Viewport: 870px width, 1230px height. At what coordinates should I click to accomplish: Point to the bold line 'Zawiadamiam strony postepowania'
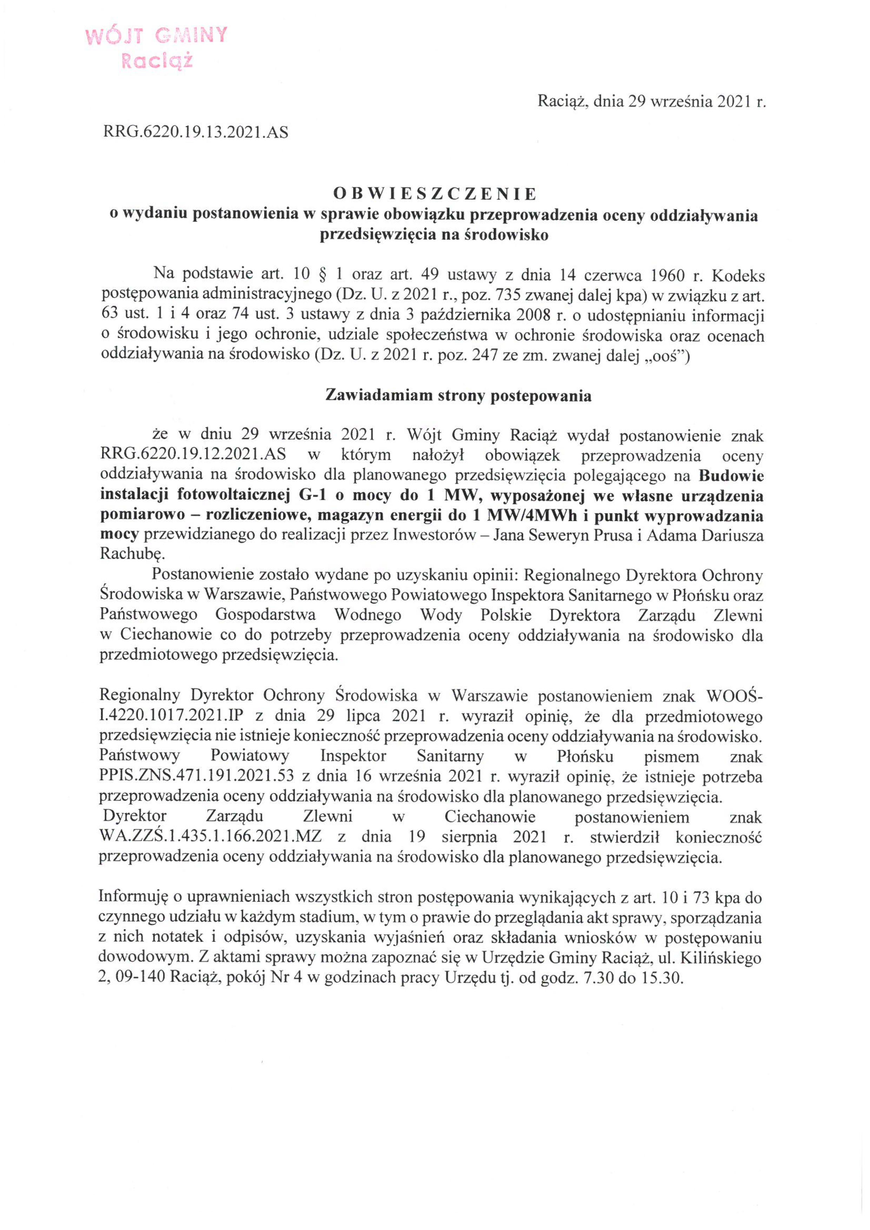(x=459, y=396)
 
